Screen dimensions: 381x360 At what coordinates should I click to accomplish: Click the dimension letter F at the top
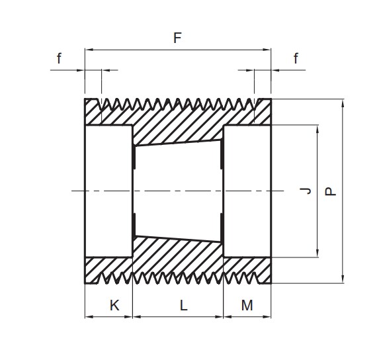pos(178,38)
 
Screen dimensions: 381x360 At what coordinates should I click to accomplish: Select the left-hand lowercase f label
pos(59,59)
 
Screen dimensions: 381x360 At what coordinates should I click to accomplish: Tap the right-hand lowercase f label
pos(296,59)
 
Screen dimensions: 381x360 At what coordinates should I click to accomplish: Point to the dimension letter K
pos(114,305)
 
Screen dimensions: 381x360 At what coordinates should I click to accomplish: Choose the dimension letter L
pos(184,305)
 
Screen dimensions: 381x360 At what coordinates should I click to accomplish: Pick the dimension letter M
pos(247,305)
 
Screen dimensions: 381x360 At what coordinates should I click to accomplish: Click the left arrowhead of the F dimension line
pos(89,50)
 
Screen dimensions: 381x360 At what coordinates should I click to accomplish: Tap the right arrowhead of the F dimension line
pos(267,50)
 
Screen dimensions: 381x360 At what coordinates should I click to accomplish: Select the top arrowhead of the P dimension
pos(343,103)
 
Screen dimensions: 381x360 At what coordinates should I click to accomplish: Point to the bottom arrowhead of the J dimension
pos(317,253)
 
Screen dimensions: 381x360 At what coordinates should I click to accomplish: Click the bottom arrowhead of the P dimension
pos(343,279)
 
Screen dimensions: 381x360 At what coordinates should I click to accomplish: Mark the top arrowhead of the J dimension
pos(317,129)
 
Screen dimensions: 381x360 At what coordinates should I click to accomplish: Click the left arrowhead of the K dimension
pos(89,317)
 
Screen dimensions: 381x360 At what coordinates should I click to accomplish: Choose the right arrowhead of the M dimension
pos(267,317)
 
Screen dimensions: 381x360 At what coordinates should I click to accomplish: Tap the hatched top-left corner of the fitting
pos(93,112)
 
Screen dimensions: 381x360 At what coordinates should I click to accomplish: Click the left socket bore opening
pos(108,191)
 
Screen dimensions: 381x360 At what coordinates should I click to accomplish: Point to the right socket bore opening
pos(247,191)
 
